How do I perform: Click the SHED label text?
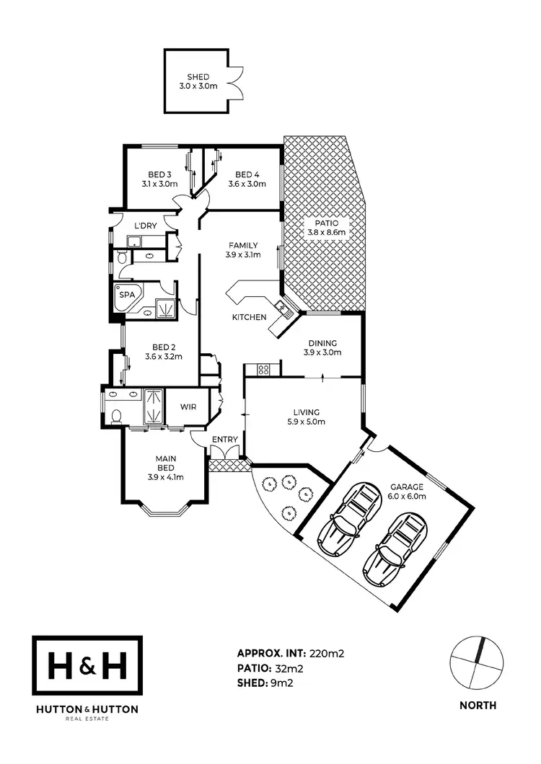click(x=198, y=76)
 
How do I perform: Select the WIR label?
click(x=188, y=407)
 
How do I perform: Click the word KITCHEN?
click(x=249, y=317)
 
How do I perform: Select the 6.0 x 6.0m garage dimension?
click(x=408, y=496)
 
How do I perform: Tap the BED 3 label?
click(x=159, y=174)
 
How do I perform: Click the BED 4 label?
click(x=247, y=174)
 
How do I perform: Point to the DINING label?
click(x=322, y=343)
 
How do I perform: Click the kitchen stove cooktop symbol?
click(x=264, y=370)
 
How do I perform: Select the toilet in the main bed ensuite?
click(x=117, y=416)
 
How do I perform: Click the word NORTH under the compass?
click(x=478, y=706)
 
